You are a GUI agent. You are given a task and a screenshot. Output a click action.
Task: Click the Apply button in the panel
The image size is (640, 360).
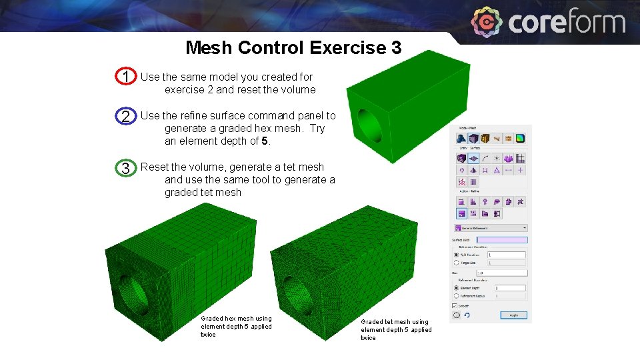tap(513, 315)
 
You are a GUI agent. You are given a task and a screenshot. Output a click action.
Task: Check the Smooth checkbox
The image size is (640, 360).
tap(455, 305)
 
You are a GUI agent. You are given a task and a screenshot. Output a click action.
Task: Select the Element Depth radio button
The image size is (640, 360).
tap(457, 287)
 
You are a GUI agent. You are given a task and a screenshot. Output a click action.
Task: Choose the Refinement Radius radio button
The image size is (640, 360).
tap(457, 295)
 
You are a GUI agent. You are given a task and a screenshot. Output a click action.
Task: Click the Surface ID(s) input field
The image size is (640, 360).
tap(502, 240)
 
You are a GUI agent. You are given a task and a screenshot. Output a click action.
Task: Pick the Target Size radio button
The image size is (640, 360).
tap(457, 263)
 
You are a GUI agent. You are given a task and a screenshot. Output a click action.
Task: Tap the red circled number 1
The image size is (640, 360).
tap(125, 77)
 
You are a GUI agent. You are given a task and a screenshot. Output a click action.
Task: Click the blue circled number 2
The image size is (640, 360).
tap(125, 116)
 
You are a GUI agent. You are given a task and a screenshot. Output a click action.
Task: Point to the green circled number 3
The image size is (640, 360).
tap(125, 168)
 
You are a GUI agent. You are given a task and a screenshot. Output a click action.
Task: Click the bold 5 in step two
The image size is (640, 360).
tap(265, 141)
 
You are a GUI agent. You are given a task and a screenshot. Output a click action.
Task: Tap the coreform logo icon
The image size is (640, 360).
tap(487, 23)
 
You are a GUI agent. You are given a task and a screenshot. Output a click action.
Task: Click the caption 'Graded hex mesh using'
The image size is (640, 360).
tap(236, 319)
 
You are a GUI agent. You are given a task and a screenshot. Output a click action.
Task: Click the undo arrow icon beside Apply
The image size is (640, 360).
tap(466, 315)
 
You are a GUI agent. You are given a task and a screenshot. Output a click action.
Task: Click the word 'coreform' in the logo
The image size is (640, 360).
tap(567, 23)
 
